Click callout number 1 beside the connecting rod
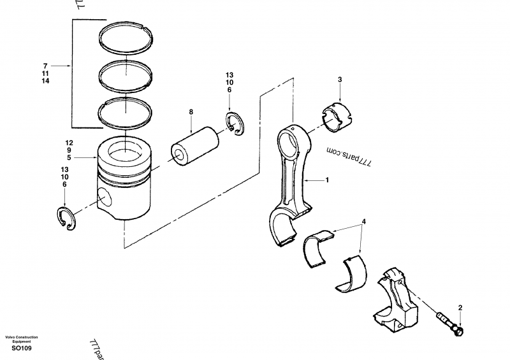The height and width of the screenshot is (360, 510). click(x=327, y=180)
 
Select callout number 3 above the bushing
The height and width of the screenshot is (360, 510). click(x=340, y=80)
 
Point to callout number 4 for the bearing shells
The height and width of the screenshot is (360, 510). click(x=363, y=222)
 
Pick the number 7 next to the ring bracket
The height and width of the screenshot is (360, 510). click(x=45, y=66)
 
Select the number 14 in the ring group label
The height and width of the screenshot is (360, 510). click(x=45, y=82)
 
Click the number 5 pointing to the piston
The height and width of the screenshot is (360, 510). click(x=69, y=157)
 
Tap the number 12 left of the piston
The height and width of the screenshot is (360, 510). click(x=69, y=142)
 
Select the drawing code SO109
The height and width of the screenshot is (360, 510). click(x=21, y=348)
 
